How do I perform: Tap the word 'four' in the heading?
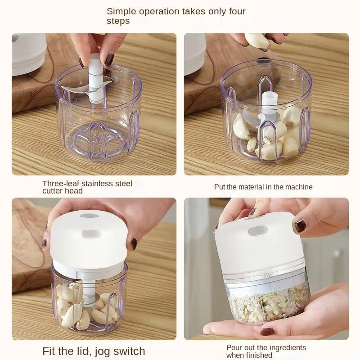(235, 11)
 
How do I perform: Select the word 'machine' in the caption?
(298, 187)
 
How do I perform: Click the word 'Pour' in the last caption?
(234, 347)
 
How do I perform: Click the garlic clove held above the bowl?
(258, 41)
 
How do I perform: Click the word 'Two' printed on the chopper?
(268, 275)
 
